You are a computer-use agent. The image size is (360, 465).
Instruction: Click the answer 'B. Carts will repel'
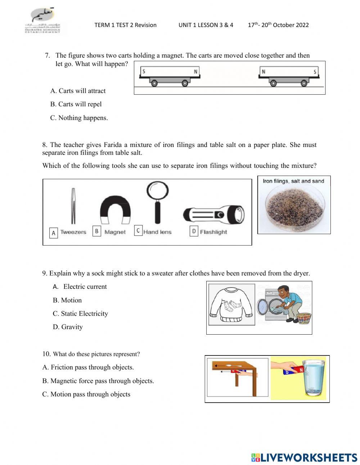pos(76,104)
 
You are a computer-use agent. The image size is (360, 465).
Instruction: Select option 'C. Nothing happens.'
pos(79,118)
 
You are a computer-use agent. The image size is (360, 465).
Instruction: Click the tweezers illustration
pos(73,206)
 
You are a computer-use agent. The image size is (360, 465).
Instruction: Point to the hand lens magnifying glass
pos(157,202)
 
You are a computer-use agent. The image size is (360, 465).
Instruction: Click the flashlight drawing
pos(214,215)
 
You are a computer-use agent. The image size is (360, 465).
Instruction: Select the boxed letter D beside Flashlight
pos(194,231)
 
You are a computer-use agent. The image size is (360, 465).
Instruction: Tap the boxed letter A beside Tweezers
pos(54,233)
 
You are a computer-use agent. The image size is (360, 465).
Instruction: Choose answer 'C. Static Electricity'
pos(80,313)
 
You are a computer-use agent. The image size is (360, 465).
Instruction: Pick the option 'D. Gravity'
pos(68,327)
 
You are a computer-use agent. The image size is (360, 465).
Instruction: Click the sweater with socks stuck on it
pos(231,305)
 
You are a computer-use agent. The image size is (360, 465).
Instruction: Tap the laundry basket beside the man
pos(304,318)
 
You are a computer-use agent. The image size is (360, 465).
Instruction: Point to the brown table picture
pos(237,377)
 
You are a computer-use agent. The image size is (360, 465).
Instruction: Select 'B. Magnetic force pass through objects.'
pos(98,381)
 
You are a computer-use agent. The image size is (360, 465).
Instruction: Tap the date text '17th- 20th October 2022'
pos(278,25)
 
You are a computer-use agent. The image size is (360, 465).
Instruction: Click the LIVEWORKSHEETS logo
pos(304,457)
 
